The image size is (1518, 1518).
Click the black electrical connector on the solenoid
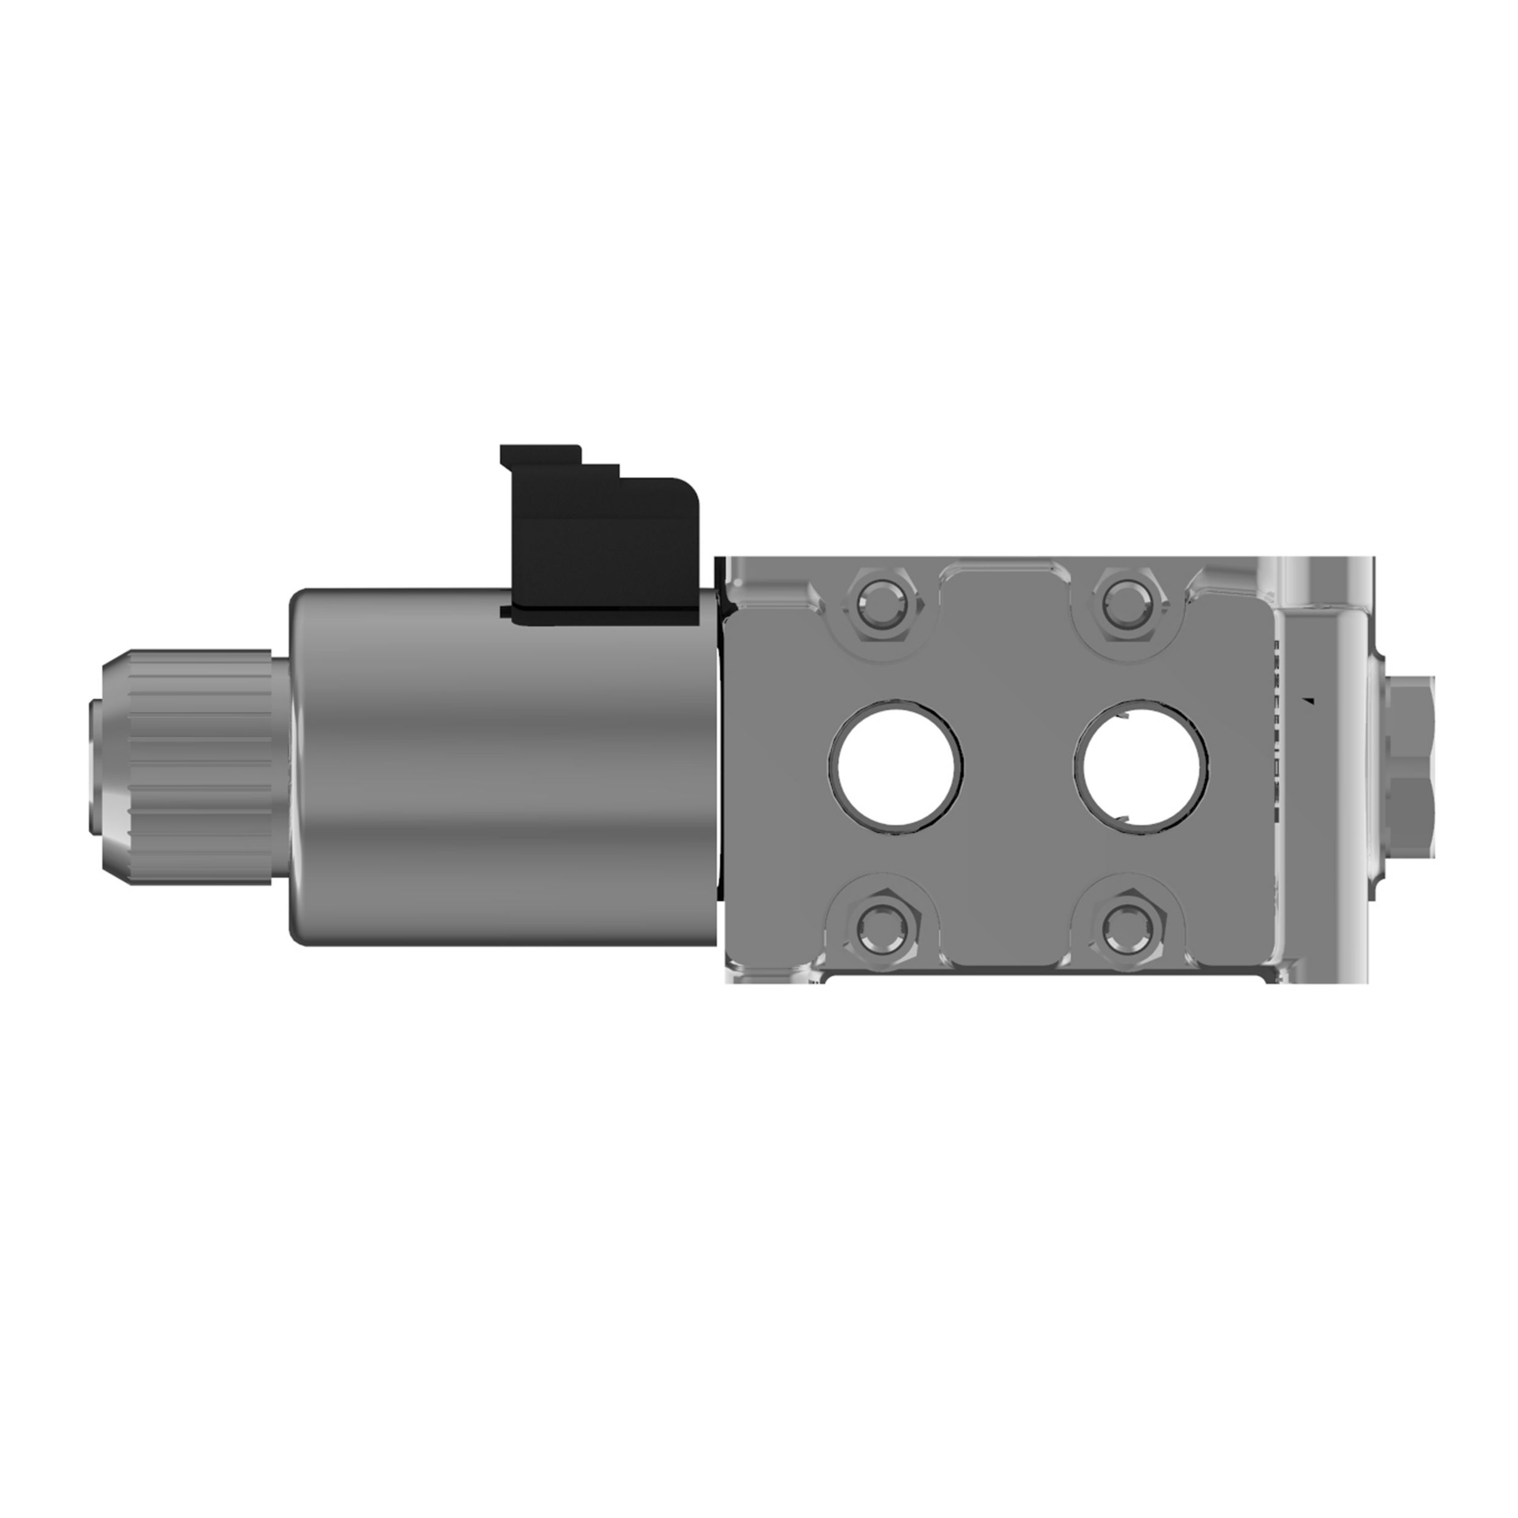(x=605, y=550)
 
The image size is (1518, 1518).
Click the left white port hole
(x=896, y=763)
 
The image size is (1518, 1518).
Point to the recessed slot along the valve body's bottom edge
(x=1045, y=978)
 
